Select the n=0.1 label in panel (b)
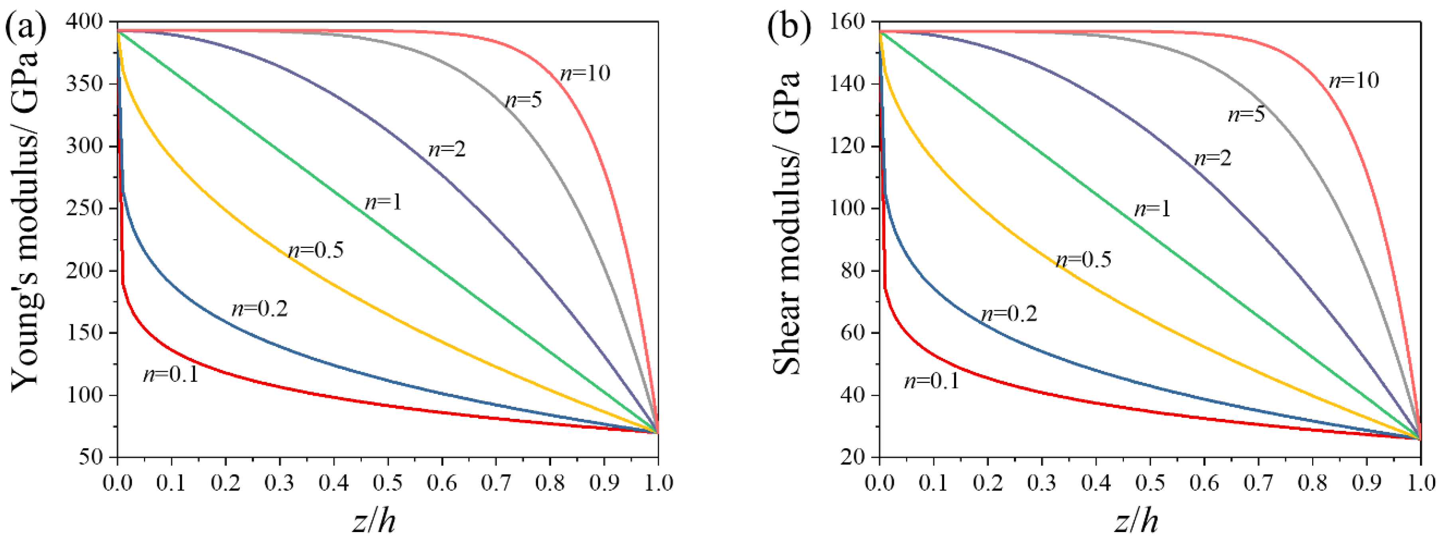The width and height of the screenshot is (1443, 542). (x=932, y=381)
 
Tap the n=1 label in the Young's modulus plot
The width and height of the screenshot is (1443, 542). (x=384, y=202)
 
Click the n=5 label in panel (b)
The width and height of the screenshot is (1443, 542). (x=1246, y=115)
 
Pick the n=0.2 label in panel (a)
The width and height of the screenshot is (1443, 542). (x=259, y=308)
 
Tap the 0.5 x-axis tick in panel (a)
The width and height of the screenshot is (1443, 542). (x=388, y=483)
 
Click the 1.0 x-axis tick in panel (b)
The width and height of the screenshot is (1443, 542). (x=1419, y=483)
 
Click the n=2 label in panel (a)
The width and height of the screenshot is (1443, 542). (x=447, y=149)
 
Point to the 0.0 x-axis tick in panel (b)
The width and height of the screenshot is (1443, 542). (x=879, y=483)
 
